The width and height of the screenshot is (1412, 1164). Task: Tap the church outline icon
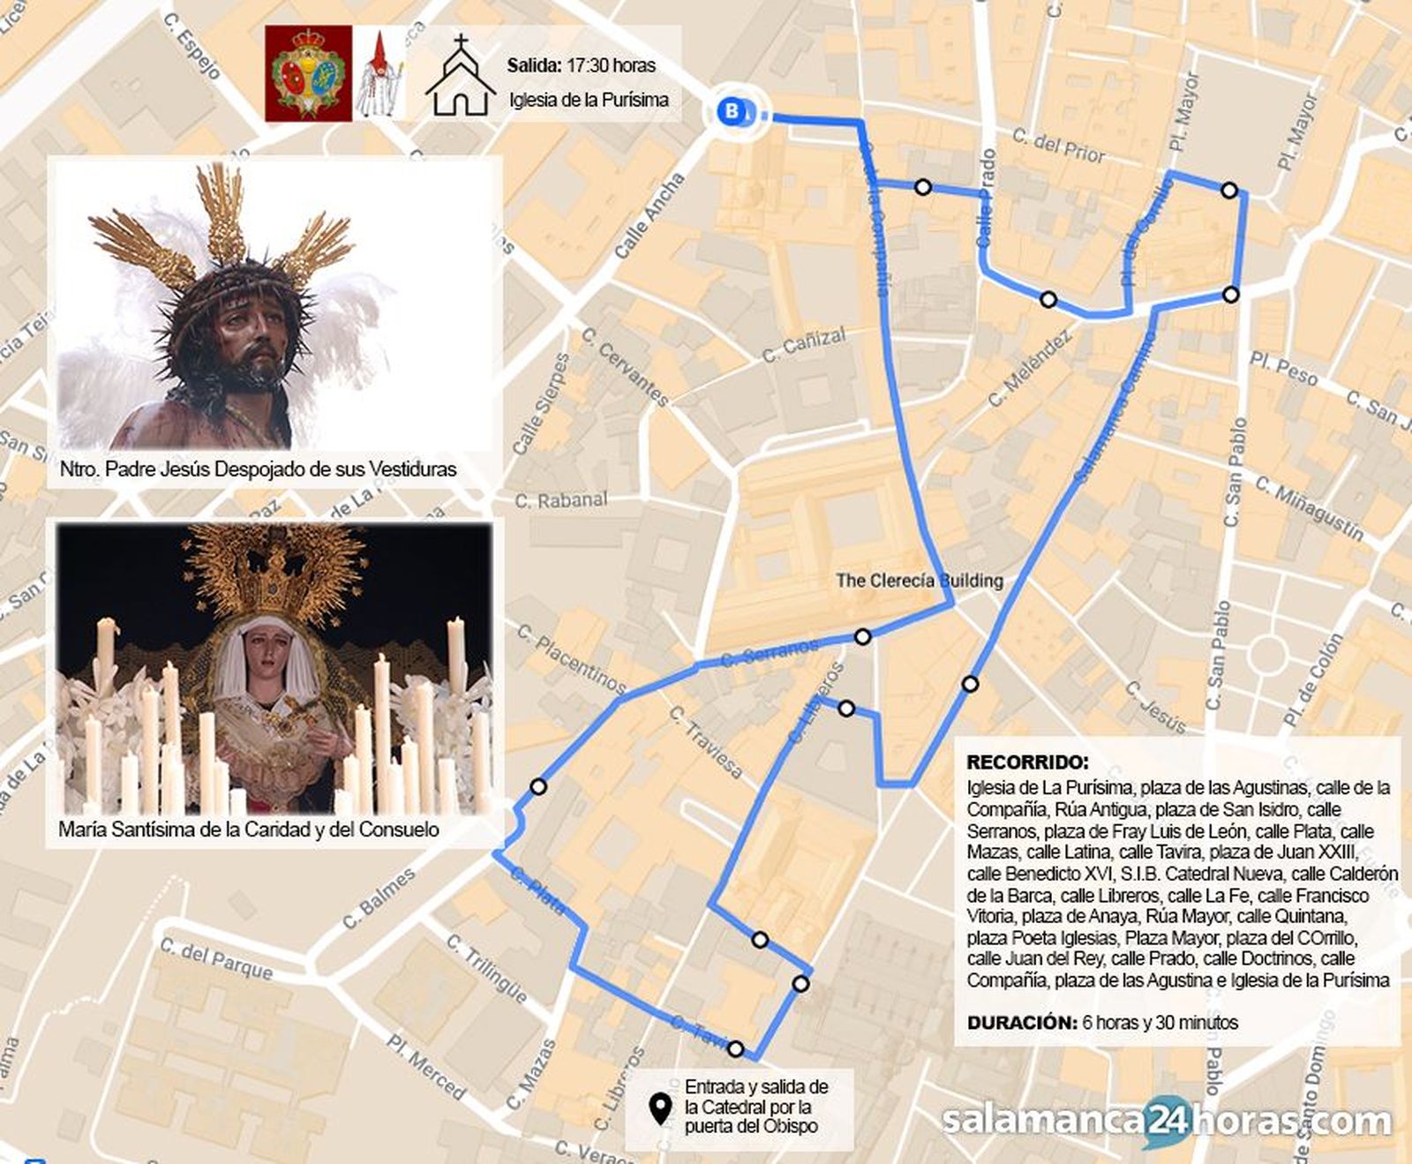tap(460, 77)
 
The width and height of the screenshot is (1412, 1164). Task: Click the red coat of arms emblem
tap(308, 73)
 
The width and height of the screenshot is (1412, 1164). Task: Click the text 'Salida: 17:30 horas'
tap(581, 65)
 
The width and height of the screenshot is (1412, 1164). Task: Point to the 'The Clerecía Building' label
tap(919, 581)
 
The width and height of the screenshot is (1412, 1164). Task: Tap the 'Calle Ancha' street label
tap(650, 216)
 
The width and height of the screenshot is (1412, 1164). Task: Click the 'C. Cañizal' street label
tap(803, 344)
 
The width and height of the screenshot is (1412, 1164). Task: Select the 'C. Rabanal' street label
tap(561, 500)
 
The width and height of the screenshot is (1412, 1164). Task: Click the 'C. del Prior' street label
tap(1058, 146)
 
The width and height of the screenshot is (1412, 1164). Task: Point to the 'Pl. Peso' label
tap(1283, 369)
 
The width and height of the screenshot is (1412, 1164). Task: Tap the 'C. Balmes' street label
tap(379, 898)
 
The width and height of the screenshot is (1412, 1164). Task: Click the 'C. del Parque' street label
tap(216, 958)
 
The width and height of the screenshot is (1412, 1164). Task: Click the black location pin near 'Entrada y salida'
tap(659, 1108)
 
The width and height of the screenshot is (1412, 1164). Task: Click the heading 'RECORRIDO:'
tap(1027, 762)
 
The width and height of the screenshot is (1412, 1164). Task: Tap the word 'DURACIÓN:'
tap(1021, 1023)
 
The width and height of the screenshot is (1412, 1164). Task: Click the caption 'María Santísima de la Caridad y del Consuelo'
tap(249, 830)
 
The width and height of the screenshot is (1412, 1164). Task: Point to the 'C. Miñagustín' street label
tap(1310, 509)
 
